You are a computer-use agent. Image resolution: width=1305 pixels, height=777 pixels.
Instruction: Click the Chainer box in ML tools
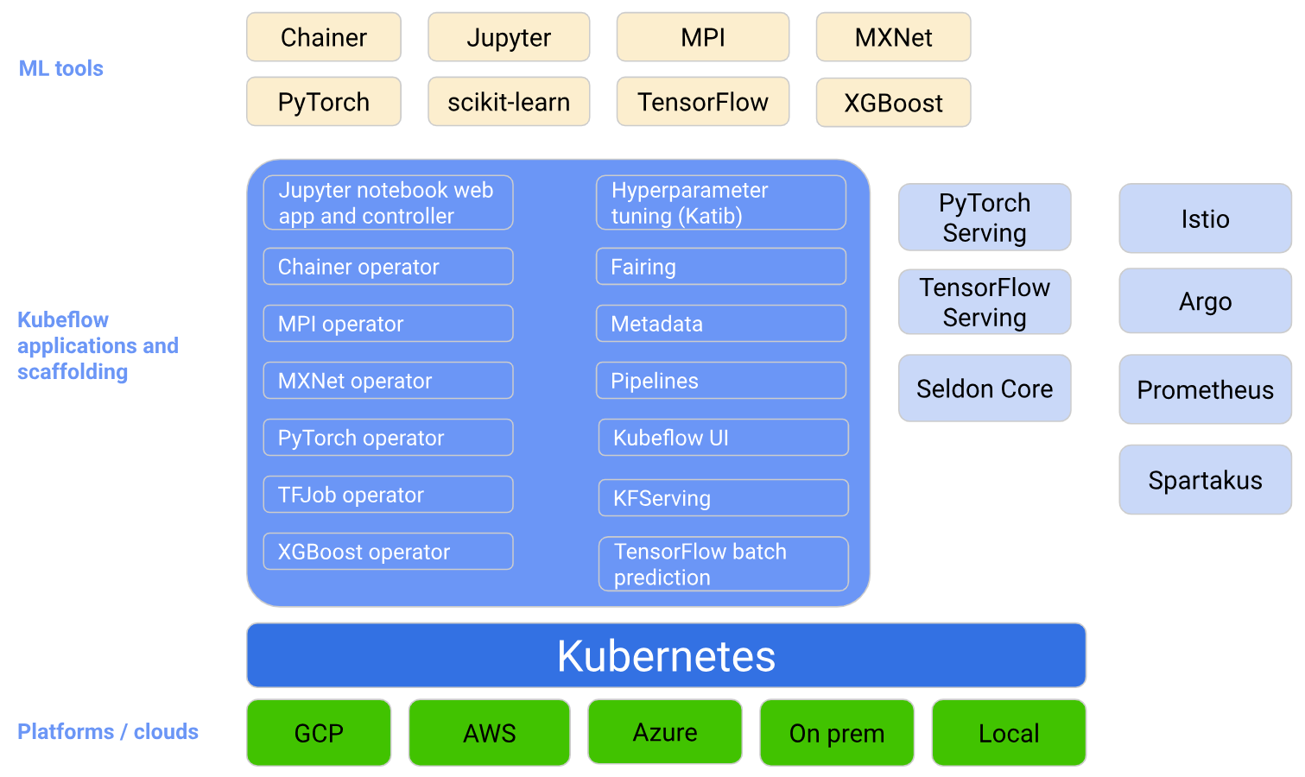click(x=323, y=37)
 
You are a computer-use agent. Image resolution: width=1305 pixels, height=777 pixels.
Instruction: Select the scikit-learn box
click(x=509, y=102)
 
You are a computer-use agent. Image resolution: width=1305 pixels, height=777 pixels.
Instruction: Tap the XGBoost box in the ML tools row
click(x=893, y=103)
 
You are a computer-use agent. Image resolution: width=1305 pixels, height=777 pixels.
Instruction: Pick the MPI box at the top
click(x=702, y=37)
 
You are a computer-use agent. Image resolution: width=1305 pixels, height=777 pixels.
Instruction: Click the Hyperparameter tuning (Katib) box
click(x=720, y=203)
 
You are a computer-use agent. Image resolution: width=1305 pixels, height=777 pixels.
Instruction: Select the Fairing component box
click(x=720, y=267)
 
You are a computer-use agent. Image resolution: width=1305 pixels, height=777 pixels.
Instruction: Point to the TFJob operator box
click(x=388, y=495)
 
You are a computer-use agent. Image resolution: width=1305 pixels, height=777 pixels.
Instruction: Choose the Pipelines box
click(x=720, y=381)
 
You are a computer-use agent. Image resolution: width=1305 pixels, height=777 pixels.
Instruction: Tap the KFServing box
click(x=723, y=498)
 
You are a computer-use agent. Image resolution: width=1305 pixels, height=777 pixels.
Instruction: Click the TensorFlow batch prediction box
click(x=723, y=564)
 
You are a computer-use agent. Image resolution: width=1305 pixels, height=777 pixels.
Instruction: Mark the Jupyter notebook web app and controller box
click(x=388, y=203)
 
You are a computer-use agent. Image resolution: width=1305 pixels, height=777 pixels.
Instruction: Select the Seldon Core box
click(x=985, y=388)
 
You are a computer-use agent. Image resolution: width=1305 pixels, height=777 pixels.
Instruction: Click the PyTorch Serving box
click(x=985, y=218)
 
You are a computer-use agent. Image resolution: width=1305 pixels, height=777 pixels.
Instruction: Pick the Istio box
click(x=1205, y=218)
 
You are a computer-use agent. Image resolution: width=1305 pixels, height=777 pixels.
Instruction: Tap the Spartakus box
click(x=1205, y=480)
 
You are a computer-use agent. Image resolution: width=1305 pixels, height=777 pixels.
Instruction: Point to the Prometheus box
click(x=1205, y=390)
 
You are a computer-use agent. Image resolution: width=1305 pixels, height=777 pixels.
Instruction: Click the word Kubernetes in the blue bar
click(x=666, y=656)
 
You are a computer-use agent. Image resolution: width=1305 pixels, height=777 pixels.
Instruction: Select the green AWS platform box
click(x=489, y=733)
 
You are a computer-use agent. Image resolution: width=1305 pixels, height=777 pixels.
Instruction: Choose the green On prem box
click(x=836, y=733)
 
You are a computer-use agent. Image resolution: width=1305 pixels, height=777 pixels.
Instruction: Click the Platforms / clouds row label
click(x=108, y=732)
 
